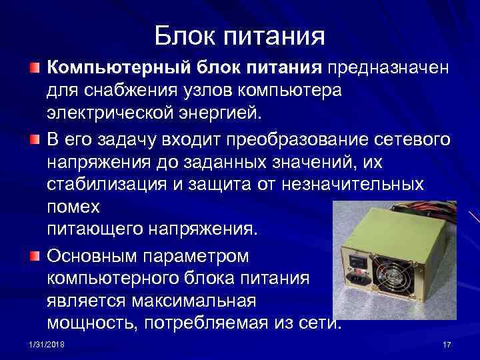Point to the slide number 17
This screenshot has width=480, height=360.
[x=447, y=343]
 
